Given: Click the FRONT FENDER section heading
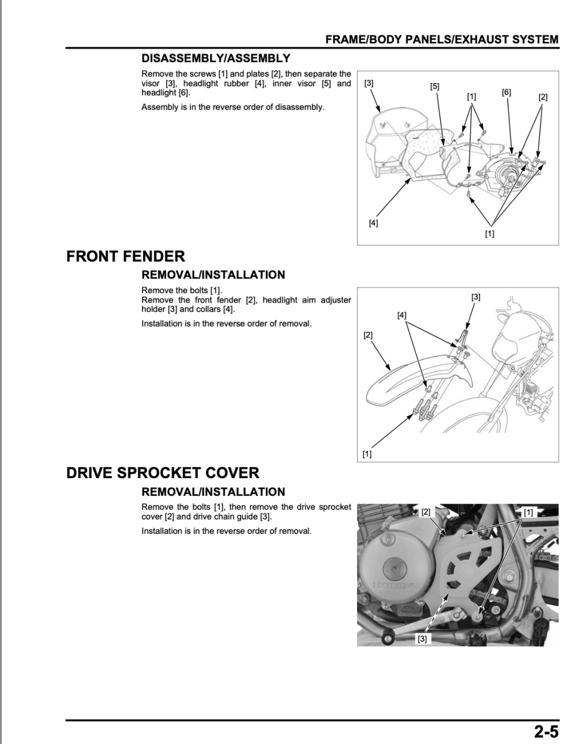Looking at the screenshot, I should click(126, 256).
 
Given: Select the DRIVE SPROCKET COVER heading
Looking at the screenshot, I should click(162, 473).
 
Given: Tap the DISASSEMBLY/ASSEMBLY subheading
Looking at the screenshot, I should click(216, 58).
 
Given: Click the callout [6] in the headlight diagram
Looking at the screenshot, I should click(506, 92).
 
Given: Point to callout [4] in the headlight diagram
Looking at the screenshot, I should click(373, 223).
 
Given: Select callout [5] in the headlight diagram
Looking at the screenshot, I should click(435, 87).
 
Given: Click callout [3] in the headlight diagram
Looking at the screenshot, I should click(369, 82).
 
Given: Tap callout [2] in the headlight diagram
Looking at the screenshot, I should click(543, 97).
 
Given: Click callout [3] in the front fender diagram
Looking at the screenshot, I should click(475, 297).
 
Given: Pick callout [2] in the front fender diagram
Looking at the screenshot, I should click(368, 335).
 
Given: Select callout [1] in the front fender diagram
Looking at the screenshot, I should click(367, 454).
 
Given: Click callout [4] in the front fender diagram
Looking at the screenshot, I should click(402, 315).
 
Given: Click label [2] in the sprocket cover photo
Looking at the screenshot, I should click(426, 512).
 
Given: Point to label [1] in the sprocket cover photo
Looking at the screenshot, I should click(528, 512).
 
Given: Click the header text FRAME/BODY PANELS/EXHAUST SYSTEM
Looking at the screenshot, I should click(441, 40).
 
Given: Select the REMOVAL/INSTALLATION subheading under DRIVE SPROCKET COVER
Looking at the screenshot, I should click(213, 492).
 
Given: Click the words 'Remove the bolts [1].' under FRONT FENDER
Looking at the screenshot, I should click(182, 290).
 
